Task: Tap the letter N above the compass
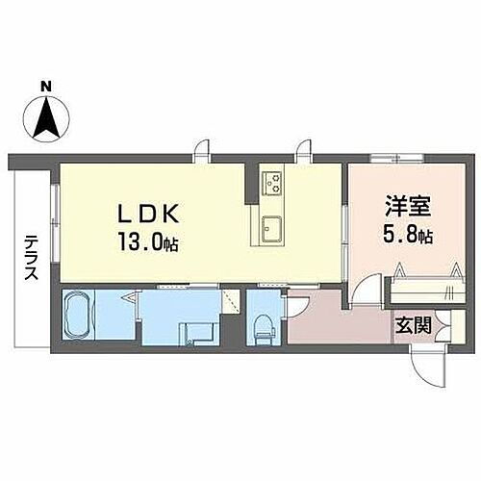[45, 89]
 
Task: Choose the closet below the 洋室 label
[423, 287]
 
